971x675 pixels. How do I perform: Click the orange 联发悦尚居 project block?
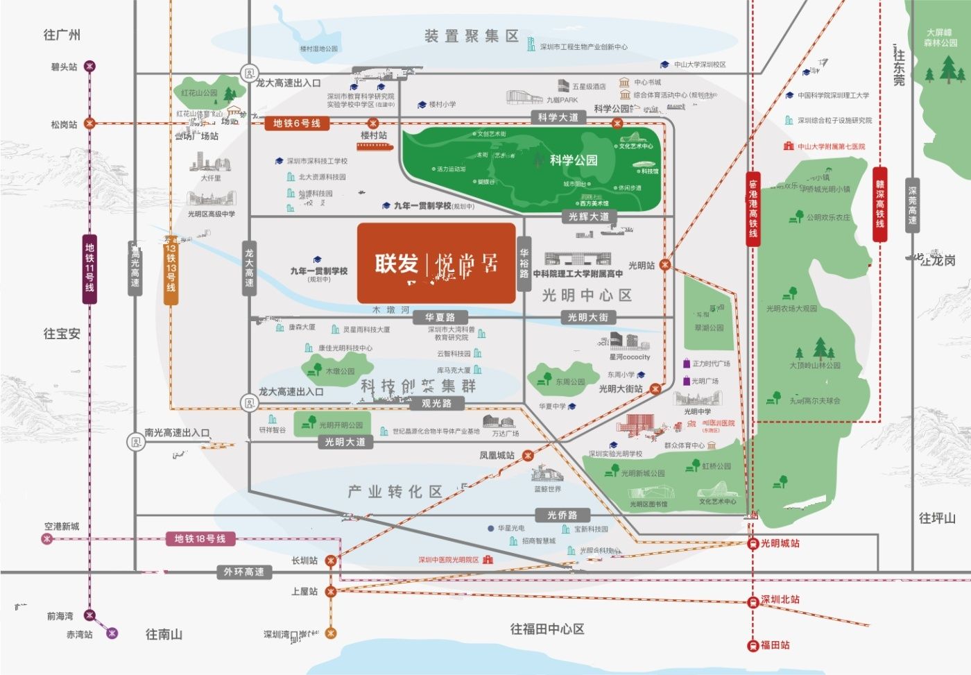point(436,263)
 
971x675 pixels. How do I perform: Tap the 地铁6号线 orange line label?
point(296,123)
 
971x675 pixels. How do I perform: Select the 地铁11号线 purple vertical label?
point(89,268)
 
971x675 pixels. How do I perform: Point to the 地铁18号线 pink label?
point(200,538)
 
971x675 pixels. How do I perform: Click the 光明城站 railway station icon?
point(753,544)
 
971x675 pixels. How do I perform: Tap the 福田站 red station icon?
point(753,646)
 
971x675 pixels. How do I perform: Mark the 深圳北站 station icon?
point(753,601)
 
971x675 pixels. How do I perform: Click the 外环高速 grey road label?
point(243,572)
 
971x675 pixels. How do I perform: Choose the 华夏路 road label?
point(440,317)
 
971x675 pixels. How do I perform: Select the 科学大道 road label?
point(558,117)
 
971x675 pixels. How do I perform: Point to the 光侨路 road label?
point(562,515)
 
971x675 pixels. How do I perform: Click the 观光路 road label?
point(436,403)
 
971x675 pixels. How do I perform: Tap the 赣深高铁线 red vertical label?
point(879,204)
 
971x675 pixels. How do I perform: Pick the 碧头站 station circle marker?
point(89,67)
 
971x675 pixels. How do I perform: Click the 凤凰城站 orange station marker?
point(528,456)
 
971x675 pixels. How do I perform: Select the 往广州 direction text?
point(62,35)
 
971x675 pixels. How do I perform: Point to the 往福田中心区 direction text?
point(547,629)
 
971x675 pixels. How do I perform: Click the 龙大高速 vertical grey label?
point(249,268)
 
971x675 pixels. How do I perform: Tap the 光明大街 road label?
point(587,317)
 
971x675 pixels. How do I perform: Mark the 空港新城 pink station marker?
point(47,539)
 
